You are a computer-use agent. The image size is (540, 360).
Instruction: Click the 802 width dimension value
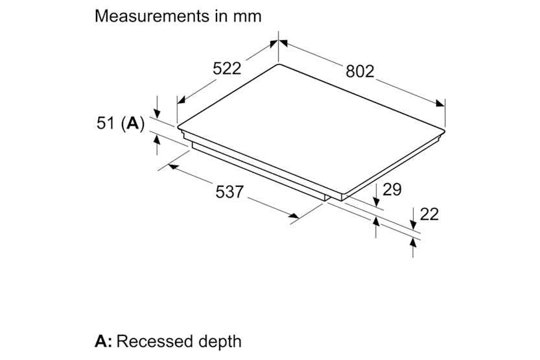[360, 71]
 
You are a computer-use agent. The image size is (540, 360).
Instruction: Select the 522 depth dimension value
[227, 68]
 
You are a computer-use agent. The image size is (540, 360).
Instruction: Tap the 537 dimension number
[229, 191]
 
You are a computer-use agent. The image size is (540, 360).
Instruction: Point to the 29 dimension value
[392, 189]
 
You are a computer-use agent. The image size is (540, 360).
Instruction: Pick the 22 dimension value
[429, 214]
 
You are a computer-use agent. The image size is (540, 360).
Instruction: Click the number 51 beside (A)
[106, 123]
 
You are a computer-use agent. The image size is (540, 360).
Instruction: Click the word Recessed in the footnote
[154, 341]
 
